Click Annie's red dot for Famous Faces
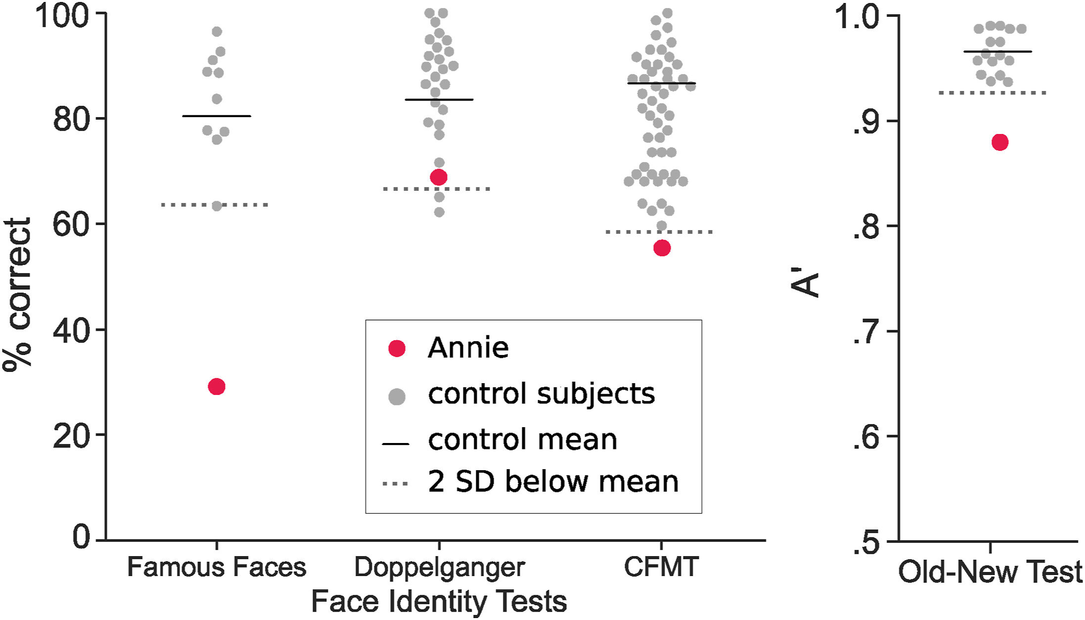(x=217, y=386)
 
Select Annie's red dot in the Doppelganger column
(x=439, y=177)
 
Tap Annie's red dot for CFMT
(x=662, y=248)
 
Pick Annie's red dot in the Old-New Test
(x=999, y=142)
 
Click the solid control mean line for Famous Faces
(x=217, y=116)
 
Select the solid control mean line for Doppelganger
(x=439, y=100)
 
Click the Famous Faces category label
(x=217, y=567)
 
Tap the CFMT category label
(x=661, y=567)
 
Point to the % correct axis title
(x=17, y=294)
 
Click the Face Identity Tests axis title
(x=439, y=602)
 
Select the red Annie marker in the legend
(x=397, y=349)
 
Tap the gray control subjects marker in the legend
(x=397, y=396)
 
